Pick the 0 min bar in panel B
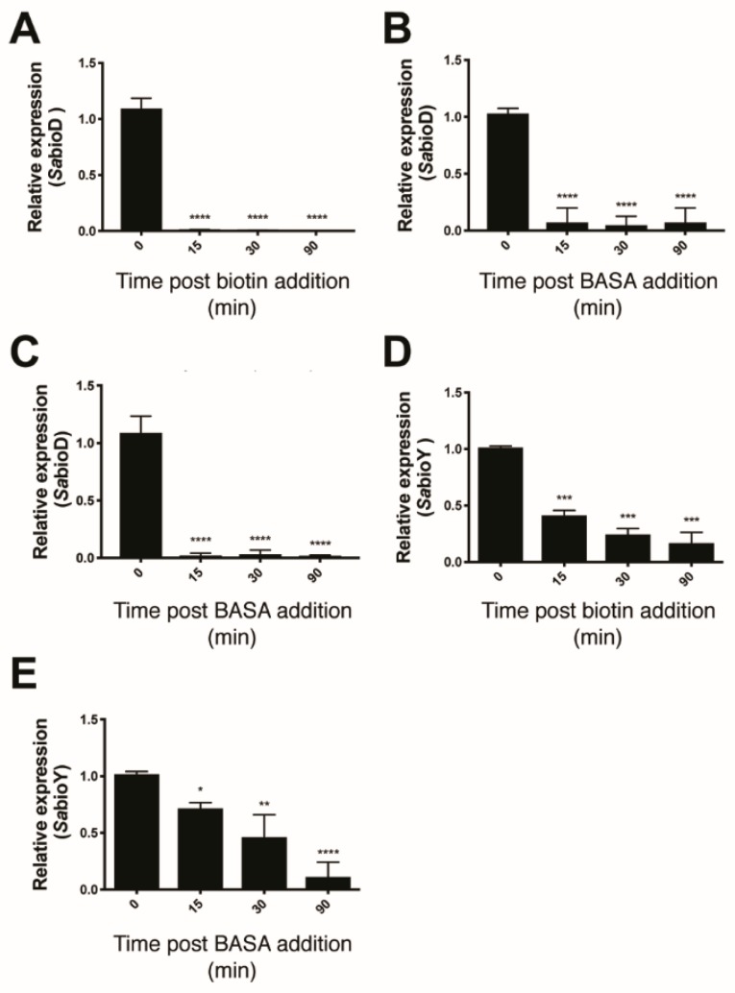tap(506, 172)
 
